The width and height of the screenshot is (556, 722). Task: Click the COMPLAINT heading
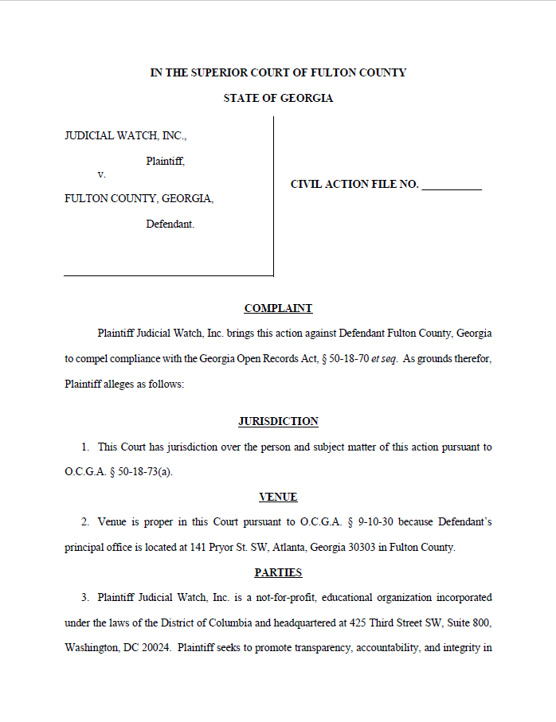coord(278,308)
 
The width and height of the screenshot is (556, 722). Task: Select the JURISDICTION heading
coord(278,421)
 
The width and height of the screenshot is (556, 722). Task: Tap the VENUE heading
coord(278,497)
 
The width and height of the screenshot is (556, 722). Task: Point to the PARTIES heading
coord(278,572)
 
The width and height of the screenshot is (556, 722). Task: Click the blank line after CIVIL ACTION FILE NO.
coord(452,185)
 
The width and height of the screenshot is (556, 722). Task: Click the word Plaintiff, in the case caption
coord(165,161)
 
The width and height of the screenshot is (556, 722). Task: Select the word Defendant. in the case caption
coord(170,224)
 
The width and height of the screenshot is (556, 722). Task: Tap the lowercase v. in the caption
coord(101,174)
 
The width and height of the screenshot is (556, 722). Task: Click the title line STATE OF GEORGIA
coord(278,99)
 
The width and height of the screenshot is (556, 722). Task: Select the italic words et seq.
coord(385,359)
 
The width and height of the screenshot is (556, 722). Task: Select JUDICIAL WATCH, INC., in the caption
coord(125,136)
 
